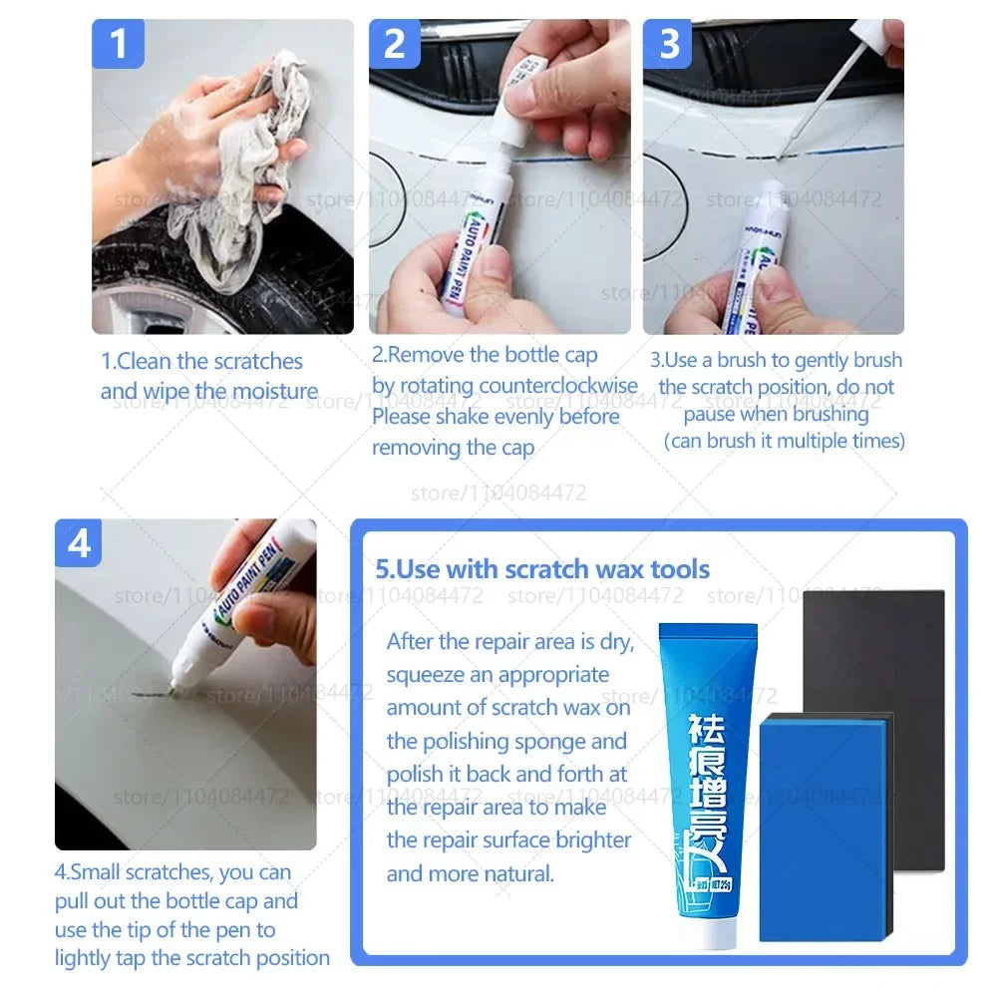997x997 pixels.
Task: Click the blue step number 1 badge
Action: click(118, 45)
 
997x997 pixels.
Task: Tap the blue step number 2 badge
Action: click(395, 45)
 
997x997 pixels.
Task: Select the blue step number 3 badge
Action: click(669, 45)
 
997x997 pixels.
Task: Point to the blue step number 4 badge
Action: click(80, 544)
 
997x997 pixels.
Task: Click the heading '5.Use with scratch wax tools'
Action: click(542, 569)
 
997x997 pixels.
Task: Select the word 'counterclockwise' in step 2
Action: click(557, 386)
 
